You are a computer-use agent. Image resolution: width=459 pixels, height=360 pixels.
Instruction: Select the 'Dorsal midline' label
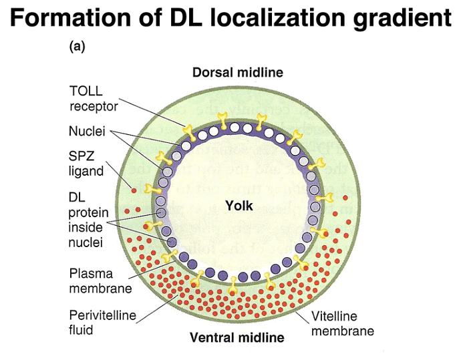pyautogui.click(x=238, y=72)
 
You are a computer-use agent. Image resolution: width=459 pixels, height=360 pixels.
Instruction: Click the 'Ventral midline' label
pyautogui.click(x=237, y=337)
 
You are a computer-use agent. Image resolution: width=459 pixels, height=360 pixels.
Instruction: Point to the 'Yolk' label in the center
pyautogui.click(x=239, y=206)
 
